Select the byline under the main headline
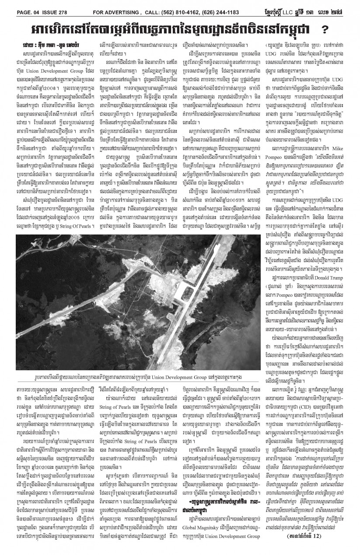tap(48, 45)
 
